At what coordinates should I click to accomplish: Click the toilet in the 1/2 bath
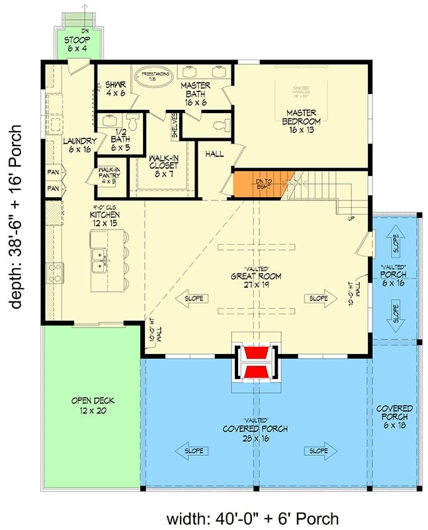[x=132, y=122]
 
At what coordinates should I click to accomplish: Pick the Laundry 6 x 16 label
[x=80, y=146]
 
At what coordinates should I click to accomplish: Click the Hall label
[x=214, y=154]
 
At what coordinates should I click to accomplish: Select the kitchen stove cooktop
[x=55, y=270]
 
